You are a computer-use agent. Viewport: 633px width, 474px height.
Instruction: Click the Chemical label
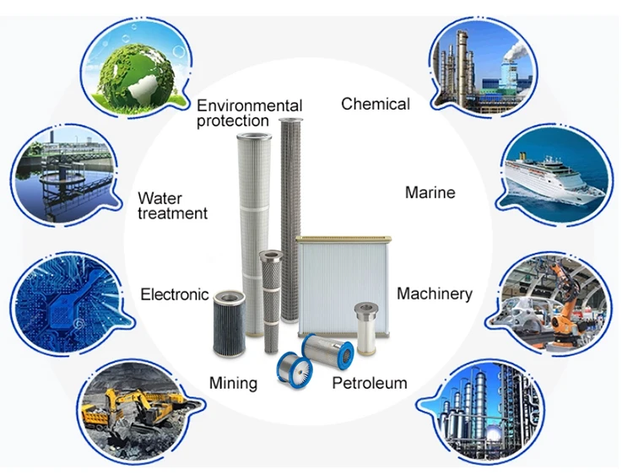tap(376, 104)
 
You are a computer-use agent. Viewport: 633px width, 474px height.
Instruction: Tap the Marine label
tap(430, 192)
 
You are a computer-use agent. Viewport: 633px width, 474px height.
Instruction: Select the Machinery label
tap(434, 294)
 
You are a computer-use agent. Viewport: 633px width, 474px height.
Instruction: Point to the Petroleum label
tap(369, 383)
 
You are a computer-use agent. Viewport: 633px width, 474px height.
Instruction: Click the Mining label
tap(233, 383)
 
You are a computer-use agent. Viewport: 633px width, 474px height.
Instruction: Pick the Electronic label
tap(174, 294)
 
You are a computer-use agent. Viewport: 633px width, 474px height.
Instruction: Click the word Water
tap(160, 199)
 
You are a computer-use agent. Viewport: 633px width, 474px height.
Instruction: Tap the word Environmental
tap(249, 105)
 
